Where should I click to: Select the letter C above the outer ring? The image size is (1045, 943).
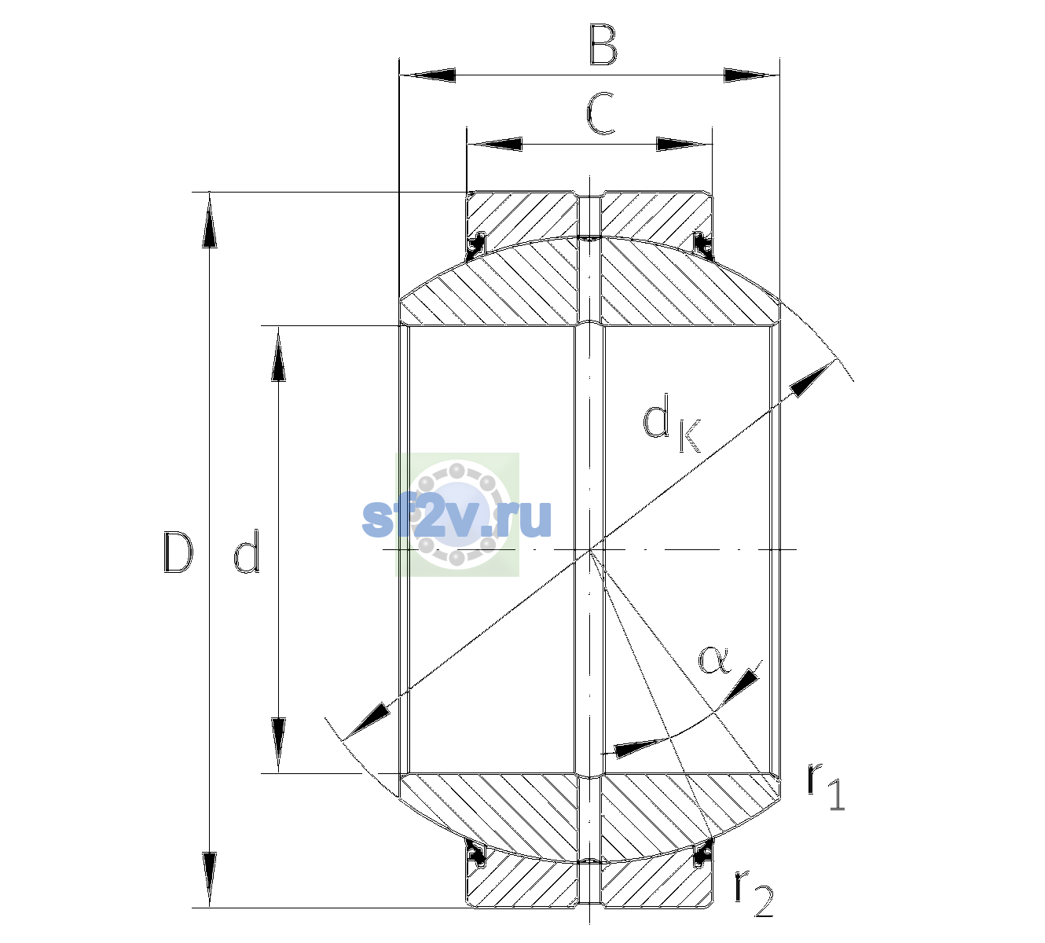[600, 114]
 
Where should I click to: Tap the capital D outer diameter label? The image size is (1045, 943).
[178, 552]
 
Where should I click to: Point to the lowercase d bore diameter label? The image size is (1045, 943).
[246, 551]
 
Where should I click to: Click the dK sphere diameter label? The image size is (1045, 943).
[672, 424]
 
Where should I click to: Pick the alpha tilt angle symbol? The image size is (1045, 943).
[715, 660]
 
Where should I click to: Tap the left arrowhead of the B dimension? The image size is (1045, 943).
[428, 75]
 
